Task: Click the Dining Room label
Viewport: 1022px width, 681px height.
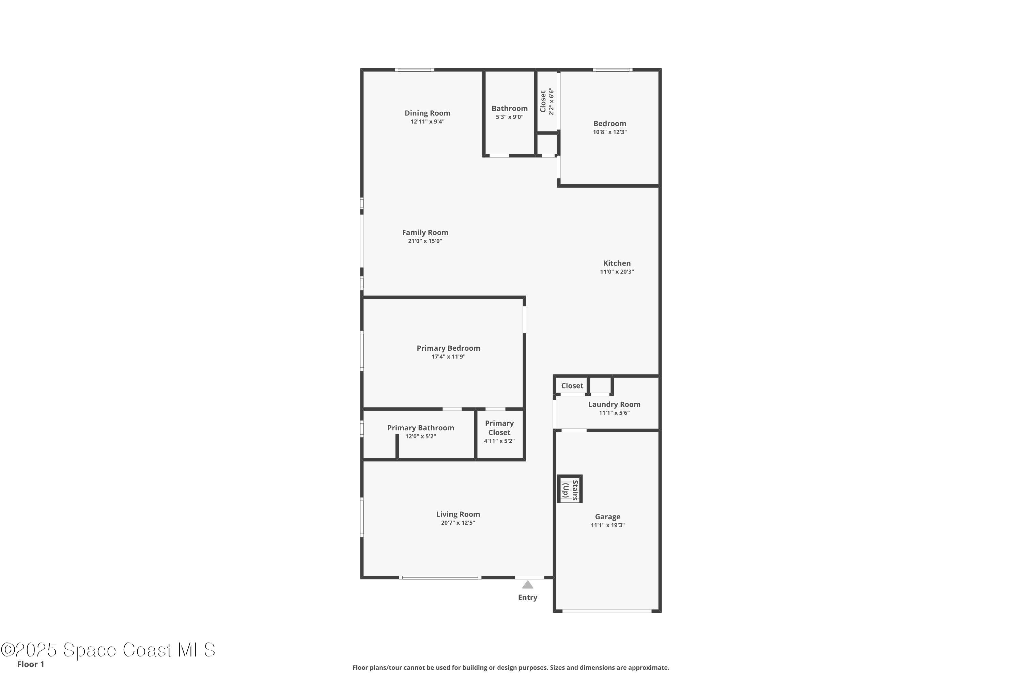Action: coord(427,113)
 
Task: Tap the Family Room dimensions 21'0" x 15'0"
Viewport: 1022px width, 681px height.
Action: coord(424,241)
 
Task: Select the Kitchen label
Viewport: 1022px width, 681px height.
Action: coord(617,263)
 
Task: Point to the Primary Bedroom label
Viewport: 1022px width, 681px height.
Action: coord(448,348)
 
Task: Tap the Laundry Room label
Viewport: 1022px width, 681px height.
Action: coord(614,405)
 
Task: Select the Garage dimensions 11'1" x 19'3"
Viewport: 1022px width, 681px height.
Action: coord(607,525)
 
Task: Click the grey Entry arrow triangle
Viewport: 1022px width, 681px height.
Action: coord(527,585)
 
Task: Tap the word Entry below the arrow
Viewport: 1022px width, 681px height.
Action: coord(527,598)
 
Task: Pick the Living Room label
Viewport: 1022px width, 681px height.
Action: coord(458,514)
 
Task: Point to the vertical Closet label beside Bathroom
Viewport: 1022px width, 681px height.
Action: coord(543,101)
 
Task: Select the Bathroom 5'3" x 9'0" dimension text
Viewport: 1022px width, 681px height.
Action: coord(509,117)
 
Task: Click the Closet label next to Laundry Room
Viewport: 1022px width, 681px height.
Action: coord(572,386)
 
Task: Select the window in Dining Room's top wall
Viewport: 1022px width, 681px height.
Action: coord(414,70)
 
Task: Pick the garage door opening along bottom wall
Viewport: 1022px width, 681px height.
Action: coord(607,611)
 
